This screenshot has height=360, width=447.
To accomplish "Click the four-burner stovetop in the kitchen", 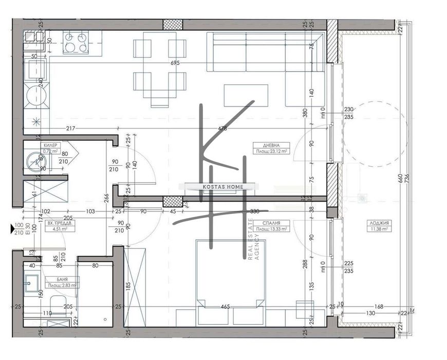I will pos(76,42).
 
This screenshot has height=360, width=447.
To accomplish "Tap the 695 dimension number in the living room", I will pos(175,63).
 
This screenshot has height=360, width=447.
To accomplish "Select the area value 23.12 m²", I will pos(273,151).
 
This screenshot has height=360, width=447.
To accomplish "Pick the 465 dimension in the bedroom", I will pos(225,307).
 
